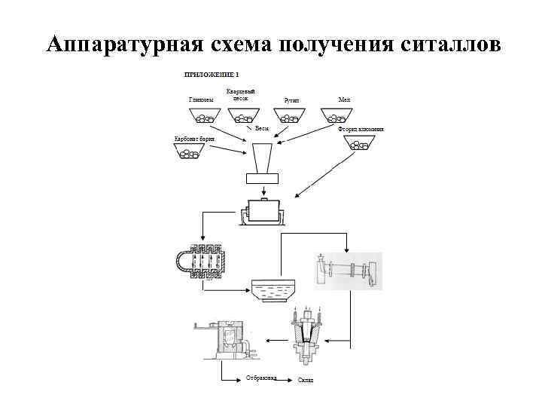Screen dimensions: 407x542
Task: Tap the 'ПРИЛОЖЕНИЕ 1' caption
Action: coord(212,75)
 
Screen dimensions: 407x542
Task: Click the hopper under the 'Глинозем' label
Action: coord(202,116)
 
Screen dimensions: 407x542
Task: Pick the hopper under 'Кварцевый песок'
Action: coord(243,116)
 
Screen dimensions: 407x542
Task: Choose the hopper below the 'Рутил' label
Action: coord(290,116)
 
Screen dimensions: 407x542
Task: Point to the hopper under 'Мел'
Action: coord(336,115)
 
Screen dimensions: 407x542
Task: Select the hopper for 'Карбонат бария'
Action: coord(189,152)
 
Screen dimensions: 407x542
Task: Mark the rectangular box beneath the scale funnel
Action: coord(262,179)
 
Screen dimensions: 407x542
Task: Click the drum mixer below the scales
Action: coord(263,212)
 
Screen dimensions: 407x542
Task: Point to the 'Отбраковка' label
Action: coord(260,378)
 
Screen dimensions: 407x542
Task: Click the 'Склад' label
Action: coord(305,379)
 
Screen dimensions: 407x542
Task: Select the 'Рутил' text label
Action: coord(291,100)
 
